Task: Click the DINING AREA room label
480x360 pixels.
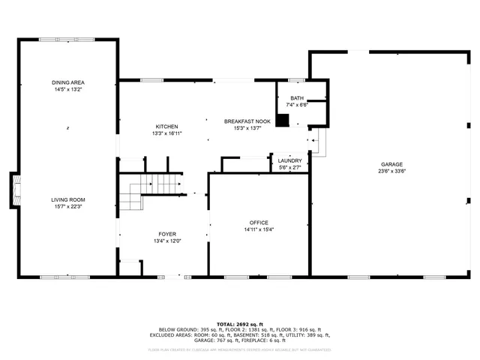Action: pos(67,82)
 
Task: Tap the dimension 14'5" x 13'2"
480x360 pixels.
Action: pos(67,90)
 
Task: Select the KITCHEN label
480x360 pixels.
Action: pos(166,126)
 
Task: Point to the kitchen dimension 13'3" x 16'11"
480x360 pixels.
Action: pos(166,133)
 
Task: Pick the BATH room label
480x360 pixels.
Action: pos(297,98)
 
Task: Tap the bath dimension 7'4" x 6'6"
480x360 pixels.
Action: pos(297,105)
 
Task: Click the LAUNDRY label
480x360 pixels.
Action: pos(289,160)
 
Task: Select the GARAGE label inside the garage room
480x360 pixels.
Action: pos(391,164)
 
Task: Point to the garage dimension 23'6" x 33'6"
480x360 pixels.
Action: pos(391,172)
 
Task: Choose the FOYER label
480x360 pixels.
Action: pos(166,234)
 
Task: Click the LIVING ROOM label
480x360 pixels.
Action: pos(67,199)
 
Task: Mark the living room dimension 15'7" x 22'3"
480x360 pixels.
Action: pos(67,207)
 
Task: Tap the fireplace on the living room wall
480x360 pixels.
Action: pos(13,190)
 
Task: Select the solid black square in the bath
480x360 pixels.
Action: pos(282,120)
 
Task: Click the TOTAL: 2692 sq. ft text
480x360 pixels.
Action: pos(239,323)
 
